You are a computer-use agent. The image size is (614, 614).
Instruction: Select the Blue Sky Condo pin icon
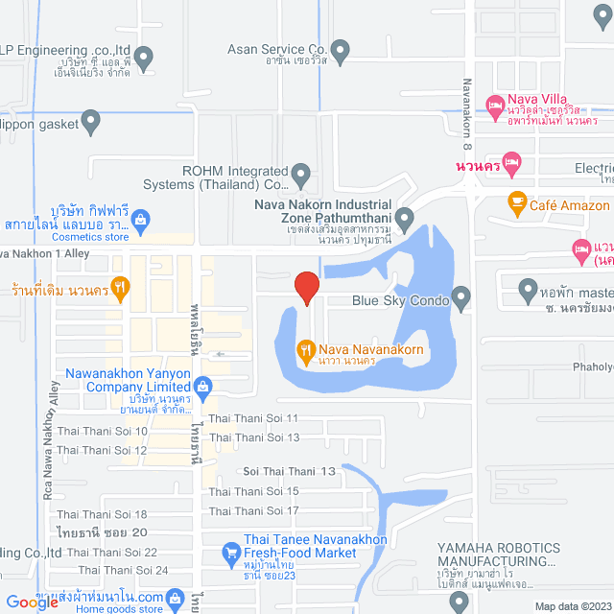click(461, 299)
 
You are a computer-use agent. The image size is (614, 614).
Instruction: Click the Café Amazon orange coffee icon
click(516, 203)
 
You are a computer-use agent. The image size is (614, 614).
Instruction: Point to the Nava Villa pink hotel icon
click(495, 103)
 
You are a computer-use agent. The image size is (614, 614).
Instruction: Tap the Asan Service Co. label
click(278, 48)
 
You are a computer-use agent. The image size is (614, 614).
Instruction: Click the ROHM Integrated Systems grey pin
click(301, 177)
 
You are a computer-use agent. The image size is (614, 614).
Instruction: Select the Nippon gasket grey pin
click(91, 122)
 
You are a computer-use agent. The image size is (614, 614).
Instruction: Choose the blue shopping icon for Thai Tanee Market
click(230, 552)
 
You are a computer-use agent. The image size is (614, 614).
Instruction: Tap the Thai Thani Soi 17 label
click(254, 510)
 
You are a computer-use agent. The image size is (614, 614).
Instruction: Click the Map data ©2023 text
click(572, 606)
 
